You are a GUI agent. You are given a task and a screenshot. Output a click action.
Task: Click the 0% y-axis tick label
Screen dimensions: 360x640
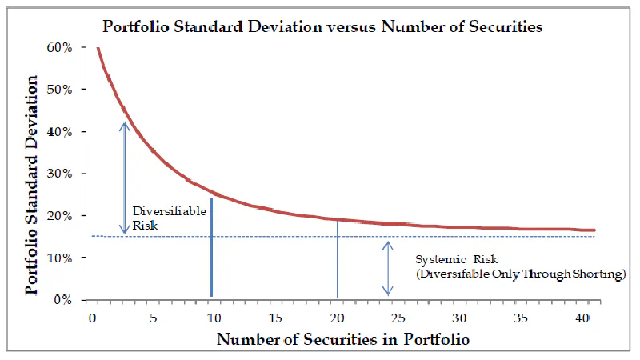tap(64, 300)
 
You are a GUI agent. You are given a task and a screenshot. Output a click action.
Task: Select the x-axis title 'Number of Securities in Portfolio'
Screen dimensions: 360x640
tap(342, 338)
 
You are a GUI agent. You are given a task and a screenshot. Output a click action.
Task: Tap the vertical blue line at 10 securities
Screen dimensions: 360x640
tap(211, 248)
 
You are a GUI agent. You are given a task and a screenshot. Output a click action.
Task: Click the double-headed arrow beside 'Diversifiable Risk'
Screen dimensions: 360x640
tap(124, 178)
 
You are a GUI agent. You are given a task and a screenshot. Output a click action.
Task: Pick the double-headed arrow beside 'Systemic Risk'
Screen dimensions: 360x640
tap(387, 268)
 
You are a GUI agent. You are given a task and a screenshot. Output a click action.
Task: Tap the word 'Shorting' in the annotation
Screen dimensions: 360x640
tap(596, 274)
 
